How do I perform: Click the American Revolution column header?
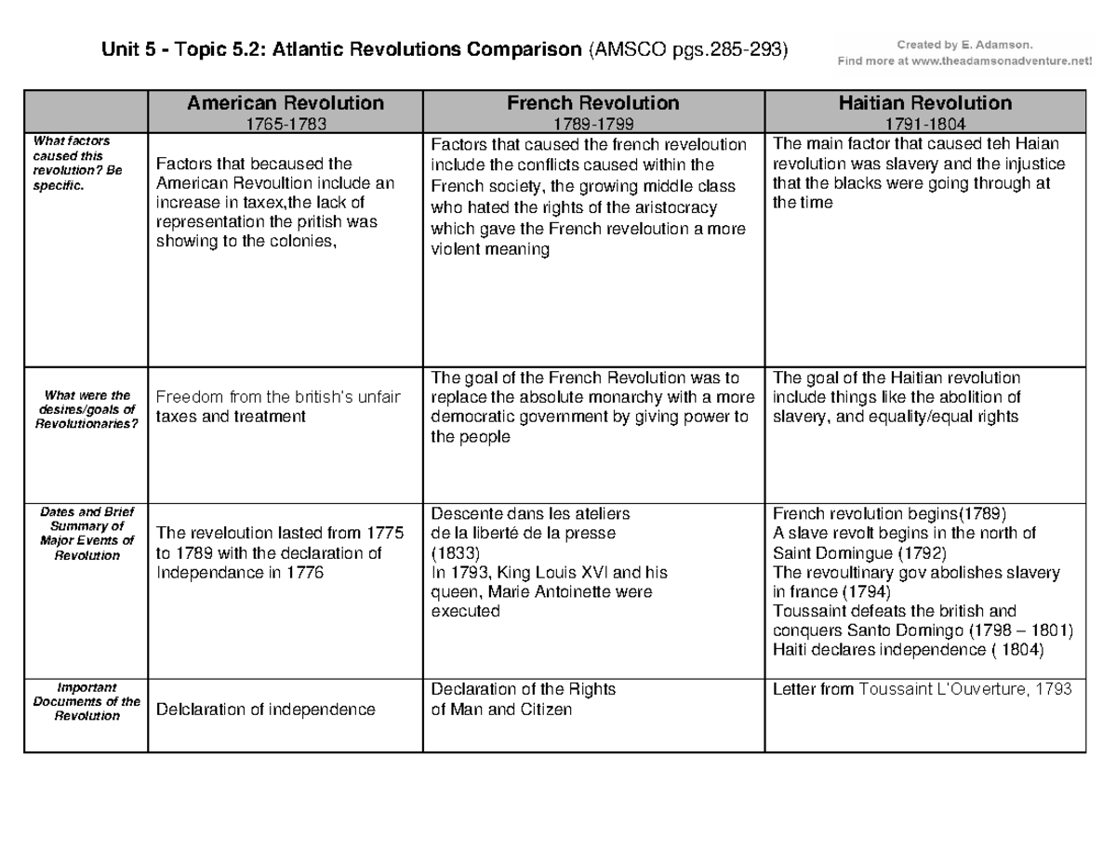(285, 103)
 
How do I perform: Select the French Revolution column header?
(592, 103)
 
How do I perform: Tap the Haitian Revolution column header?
(924, 103)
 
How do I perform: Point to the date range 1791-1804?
(924, 122)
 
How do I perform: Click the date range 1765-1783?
(285, 122)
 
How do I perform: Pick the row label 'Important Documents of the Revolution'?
(86, 703)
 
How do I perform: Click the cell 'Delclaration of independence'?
(265, 710)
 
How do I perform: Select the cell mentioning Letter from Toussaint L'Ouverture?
(923, 690)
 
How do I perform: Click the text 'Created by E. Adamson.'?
(963, 43)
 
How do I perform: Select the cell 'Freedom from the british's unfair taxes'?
(279, 407)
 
